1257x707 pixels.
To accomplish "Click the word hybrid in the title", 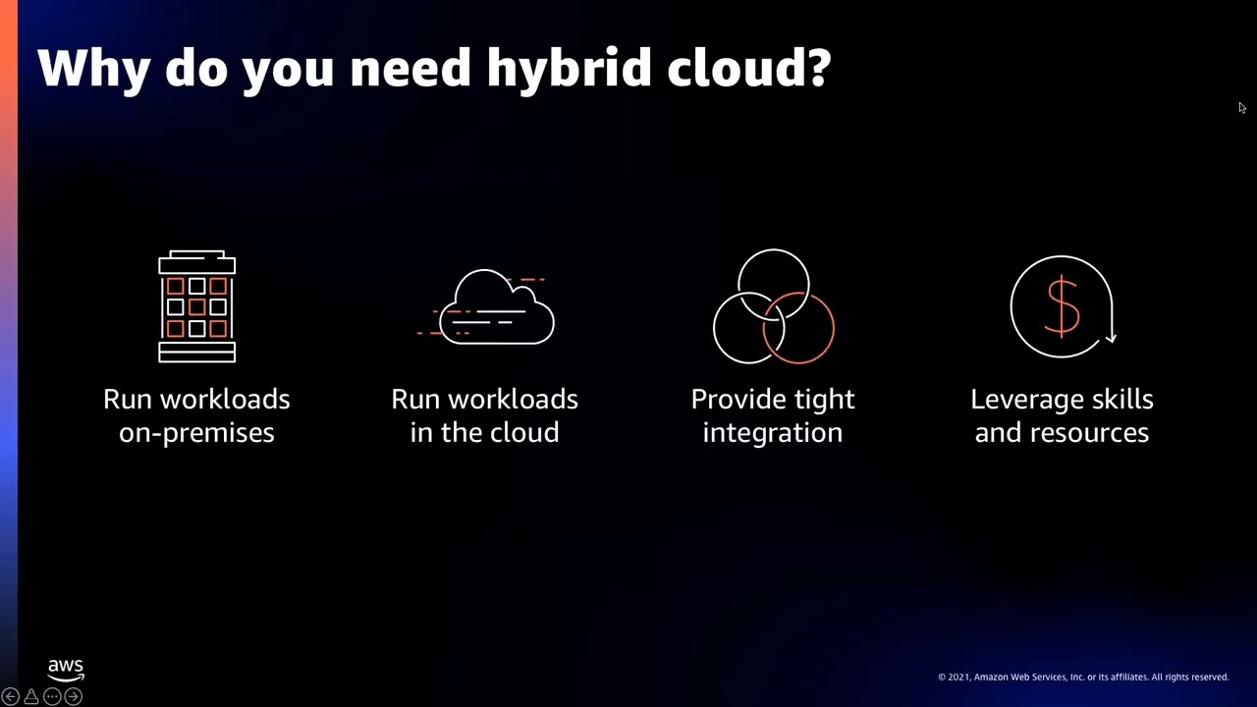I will click(569, 69).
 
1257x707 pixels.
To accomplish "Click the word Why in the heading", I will click(94, 69).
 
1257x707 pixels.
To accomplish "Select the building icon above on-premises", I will click(196, 306).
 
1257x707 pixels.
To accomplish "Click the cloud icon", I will click(496, 308).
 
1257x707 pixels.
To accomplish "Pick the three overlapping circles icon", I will click(773, 306).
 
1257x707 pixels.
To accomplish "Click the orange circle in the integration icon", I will click(798, 327).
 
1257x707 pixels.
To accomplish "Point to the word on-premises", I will click(196, 433).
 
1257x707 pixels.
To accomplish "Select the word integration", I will click(773, 433).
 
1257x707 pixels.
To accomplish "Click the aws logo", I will click(66, 670).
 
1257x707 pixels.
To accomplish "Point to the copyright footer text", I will click(1082, 677).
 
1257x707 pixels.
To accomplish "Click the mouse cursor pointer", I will click(1241, 108).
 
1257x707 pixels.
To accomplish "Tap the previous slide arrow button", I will click(10, 696).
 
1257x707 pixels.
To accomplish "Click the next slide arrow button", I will click(73, 696).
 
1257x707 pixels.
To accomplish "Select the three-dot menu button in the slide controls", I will click(52, 696).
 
